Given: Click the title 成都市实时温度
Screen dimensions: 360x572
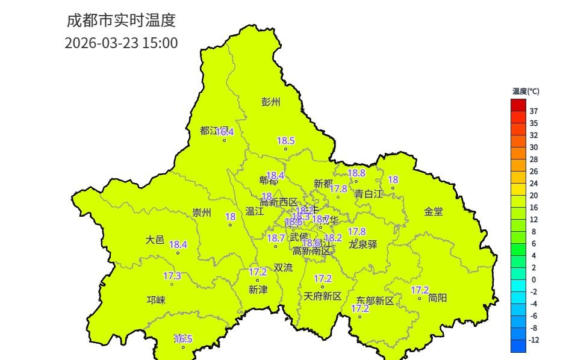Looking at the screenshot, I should pos(120,20).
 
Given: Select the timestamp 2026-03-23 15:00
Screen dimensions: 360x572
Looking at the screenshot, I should pos(121,43).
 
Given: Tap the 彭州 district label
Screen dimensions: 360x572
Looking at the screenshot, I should pos(271,102).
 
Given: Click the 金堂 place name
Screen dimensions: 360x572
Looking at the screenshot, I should pos(434,211).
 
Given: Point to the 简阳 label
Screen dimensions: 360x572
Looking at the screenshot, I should pos(438,297).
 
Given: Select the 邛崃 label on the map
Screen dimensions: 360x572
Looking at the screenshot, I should pos(156,300).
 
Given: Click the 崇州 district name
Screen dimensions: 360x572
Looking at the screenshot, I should pos(202,213).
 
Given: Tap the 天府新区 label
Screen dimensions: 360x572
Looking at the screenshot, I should pos(322,296).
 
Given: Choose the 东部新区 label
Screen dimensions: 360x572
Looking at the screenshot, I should pos(375,300).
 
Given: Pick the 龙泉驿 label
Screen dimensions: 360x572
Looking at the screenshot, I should pos(363,244).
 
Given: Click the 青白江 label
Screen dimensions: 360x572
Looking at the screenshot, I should pos(368,193).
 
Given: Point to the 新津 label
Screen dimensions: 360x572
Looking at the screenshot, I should pos(258,290).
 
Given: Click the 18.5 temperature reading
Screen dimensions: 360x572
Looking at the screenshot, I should pos(286,141).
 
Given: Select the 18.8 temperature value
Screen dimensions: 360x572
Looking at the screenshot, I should pos(356,173).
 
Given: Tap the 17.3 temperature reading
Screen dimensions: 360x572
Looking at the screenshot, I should pos(172,276).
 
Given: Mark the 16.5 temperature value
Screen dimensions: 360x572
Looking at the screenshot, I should pos(183,339).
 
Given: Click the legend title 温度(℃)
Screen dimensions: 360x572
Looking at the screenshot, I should pos(526,92).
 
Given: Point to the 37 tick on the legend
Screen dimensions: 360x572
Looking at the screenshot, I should pos(533,111).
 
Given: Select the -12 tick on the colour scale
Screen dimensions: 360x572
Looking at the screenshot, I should pos(533,340).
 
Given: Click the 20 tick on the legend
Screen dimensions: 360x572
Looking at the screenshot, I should pos(533,196).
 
